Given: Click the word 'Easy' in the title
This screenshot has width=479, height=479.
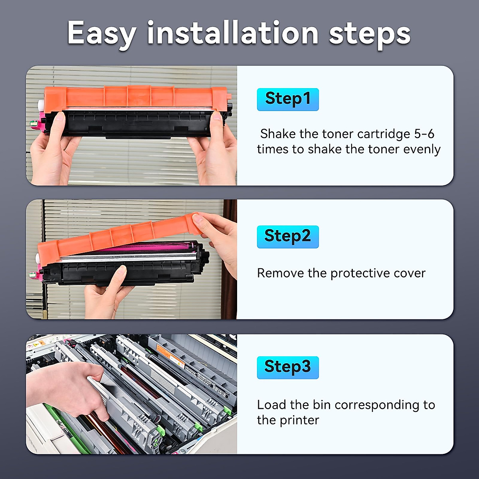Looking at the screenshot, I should click(x=101, y=34).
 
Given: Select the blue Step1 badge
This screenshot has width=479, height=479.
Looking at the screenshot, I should click(x=288, y=99).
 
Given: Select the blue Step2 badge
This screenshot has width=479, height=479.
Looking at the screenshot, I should click(x=288, y=237).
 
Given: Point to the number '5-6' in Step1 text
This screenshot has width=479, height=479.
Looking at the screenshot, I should click(x=424, y=134).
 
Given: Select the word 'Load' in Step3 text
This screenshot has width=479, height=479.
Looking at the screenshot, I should click(x=272, y=405).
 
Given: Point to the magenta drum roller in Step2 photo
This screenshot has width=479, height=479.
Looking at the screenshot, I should click(x=152, y=248).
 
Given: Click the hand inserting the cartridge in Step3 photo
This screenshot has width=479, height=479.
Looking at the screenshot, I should click(x=68, y=389).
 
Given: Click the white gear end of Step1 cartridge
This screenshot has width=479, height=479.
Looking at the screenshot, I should click(x=40, y=105).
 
